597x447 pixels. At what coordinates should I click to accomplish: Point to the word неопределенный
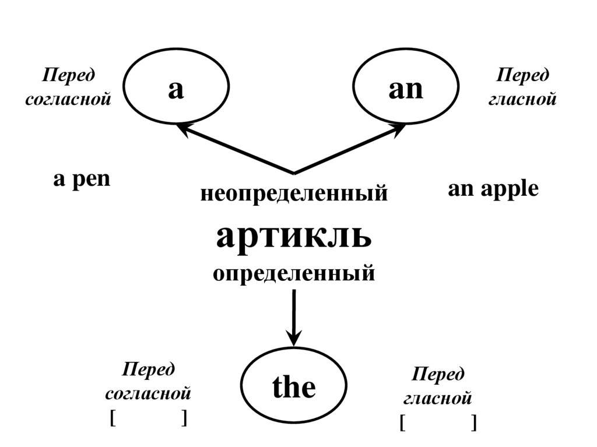294,193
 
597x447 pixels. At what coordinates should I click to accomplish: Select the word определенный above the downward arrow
294,273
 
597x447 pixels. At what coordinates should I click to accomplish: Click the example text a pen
82,179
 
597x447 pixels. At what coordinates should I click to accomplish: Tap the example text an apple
493,189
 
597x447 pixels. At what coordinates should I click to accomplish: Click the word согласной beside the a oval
68,99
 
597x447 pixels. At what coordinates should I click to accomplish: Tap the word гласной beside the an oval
522,99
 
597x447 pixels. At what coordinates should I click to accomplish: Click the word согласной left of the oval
148,393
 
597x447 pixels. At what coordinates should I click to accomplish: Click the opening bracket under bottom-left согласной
112,418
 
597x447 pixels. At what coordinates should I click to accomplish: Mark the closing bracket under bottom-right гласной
474,423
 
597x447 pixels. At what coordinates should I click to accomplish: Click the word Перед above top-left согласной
69,75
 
